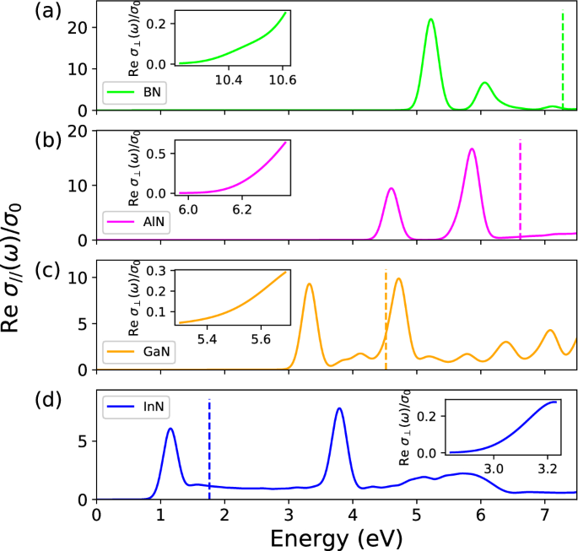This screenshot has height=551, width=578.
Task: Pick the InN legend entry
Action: (135, 408)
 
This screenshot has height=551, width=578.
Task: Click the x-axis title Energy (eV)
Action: (336, 536)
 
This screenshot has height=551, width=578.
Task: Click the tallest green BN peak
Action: (431, 19)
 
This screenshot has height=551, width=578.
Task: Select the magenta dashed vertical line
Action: (520, 190)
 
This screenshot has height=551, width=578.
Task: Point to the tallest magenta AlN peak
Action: (472, 149)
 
